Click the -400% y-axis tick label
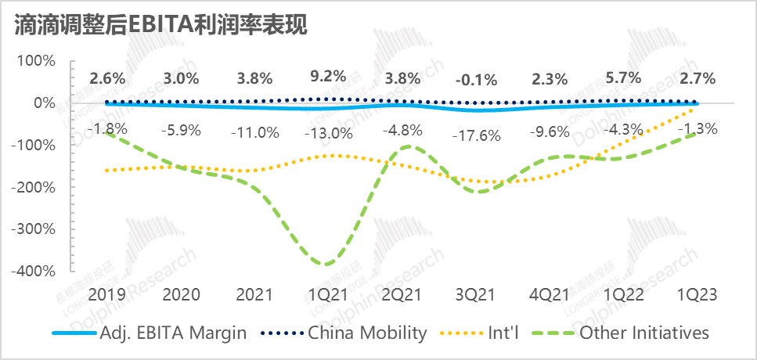click(32, 271)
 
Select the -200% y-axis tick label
click(32, 187)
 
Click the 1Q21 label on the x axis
click(327, 295)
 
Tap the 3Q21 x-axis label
click(476, 295)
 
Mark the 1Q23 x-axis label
click(698, 295)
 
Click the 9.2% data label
click(327, 77)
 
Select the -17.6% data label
click(476, 135)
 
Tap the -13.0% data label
click(327, 132)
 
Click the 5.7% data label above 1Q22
click(623, 77)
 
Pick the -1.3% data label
click(698, 129)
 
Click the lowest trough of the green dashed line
click(323, 264)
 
